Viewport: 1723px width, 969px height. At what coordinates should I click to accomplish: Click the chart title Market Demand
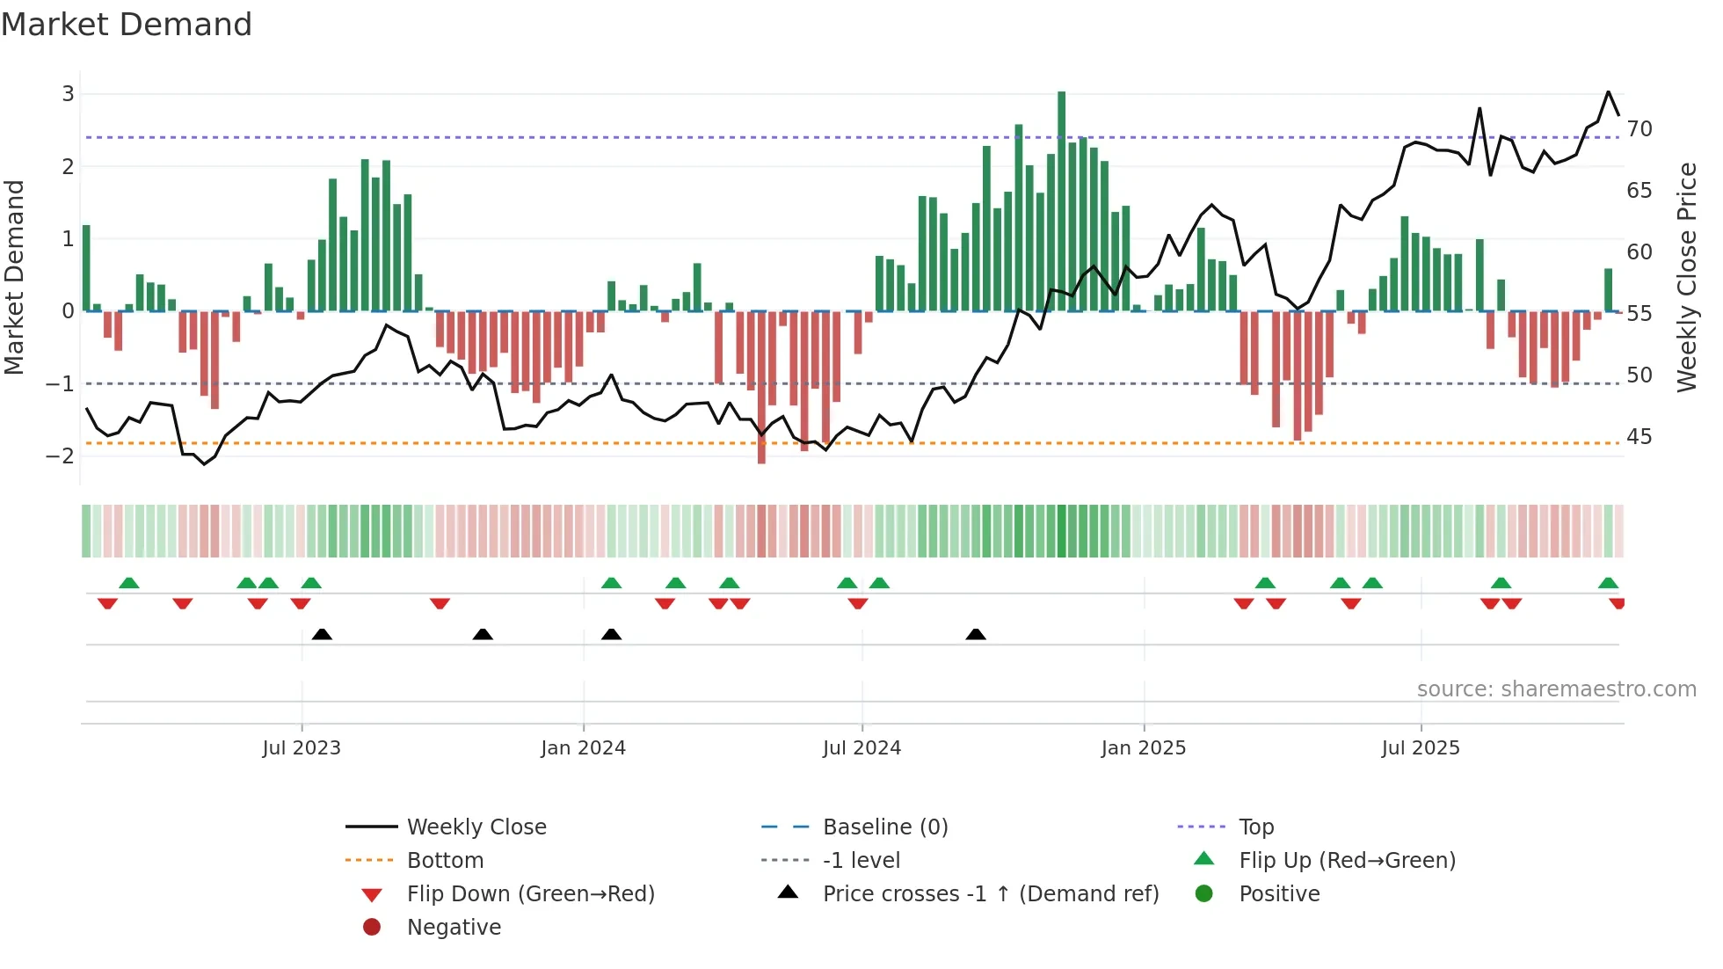(x=127, y=25)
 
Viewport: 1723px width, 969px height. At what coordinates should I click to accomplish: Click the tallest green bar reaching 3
(x=1061, y=200)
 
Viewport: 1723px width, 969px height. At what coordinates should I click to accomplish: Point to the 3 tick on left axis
(x=68, y=94)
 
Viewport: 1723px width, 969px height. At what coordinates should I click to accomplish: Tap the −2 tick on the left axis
(x=61, y=455)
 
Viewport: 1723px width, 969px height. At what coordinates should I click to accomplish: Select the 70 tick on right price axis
(x=1639, y=129)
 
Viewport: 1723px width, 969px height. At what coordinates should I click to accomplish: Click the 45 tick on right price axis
(x=1639, y=437)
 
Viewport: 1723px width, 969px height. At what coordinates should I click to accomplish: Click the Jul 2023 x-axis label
(x=302, y=748)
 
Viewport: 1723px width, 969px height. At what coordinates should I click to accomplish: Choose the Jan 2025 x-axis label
(x=1143, y=748)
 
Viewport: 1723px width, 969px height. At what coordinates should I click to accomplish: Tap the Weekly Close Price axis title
(x=1686, y=277)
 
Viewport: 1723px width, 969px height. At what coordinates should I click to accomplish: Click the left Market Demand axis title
(x=15, y=277)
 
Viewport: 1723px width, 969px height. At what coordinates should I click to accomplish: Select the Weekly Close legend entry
(x=476, y=827)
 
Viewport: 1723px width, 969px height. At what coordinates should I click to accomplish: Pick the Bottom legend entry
(x=445, y=861)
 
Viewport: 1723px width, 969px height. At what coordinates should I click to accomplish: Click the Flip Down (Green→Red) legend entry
(x=530, y=894)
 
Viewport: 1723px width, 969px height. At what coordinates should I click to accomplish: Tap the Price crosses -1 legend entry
(x=990, y=894)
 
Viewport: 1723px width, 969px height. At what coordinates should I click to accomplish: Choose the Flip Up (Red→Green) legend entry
(x=1347, y=861)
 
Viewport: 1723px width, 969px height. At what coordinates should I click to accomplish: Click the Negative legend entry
(x=454, y=928)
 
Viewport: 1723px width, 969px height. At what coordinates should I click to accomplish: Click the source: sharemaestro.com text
(x=1556, y=689)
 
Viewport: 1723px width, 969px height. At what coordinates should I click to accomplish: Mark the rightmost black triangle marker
(x=976, y=634)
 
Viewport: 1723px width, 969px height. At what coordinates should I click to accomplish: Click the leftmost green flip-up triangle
(x=129, y=583)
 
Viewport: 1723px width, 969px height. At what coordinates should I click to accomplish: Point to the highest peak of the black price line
(x=1608, y=92)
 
